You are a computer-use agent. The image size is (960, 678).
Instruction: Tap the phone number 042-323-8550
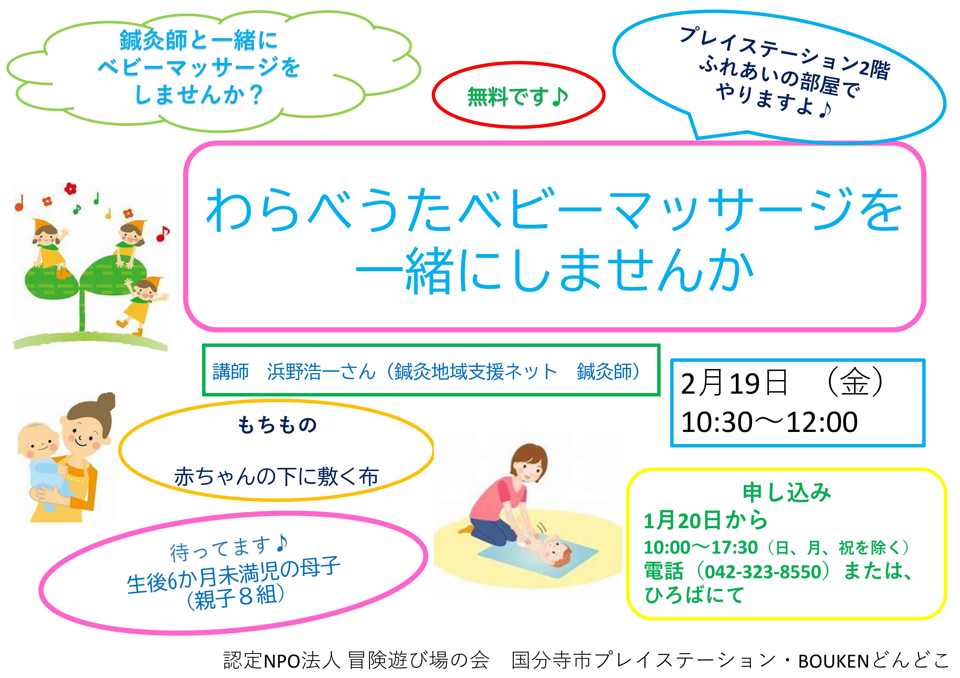coord(763,571)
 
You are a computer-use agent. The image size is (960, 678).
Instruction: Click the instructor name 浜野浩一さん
coord(321,371)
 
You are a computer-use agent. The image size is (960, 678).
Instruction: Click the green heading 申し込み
coord(787,493)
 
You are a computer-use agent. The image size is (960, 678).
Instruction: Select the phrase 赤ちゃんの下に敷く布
coord(276,477)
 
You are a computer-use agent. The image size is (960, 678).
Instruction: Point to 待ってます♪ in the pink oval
coord(228,549)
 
